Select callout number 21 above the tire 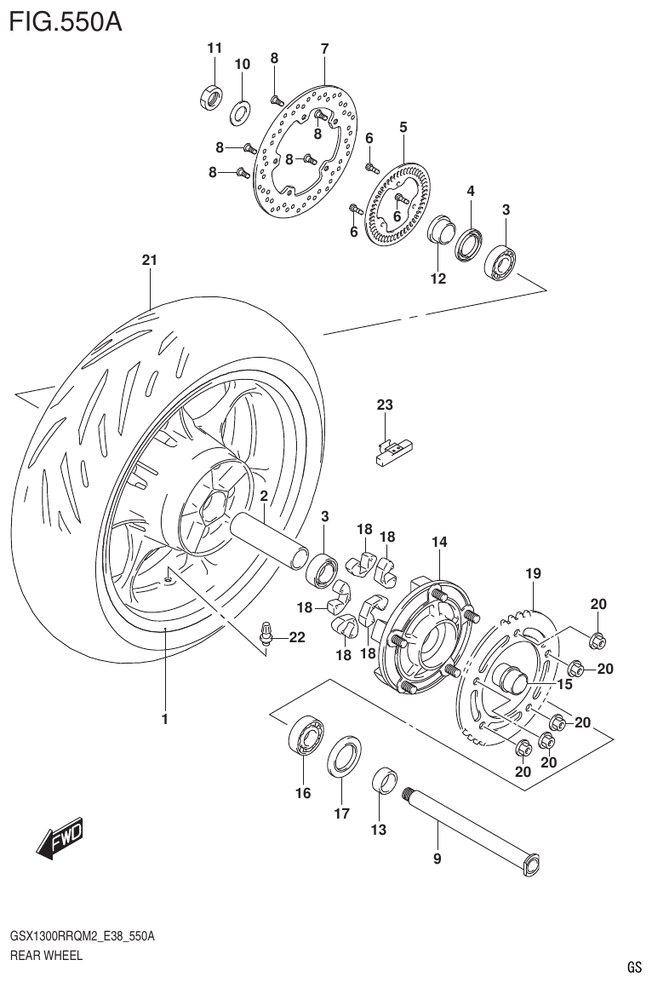150,262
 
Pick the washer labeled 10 240,110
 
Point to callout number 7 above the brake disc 324,49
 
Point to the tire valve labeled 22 267,635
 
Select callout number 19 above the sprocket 533,574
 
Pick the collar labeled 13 386,779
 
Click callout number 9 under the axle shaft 438,859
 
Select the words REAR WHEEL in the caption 46,955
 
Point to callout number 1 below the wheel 166,719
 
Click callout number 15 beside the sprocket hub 563,684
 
